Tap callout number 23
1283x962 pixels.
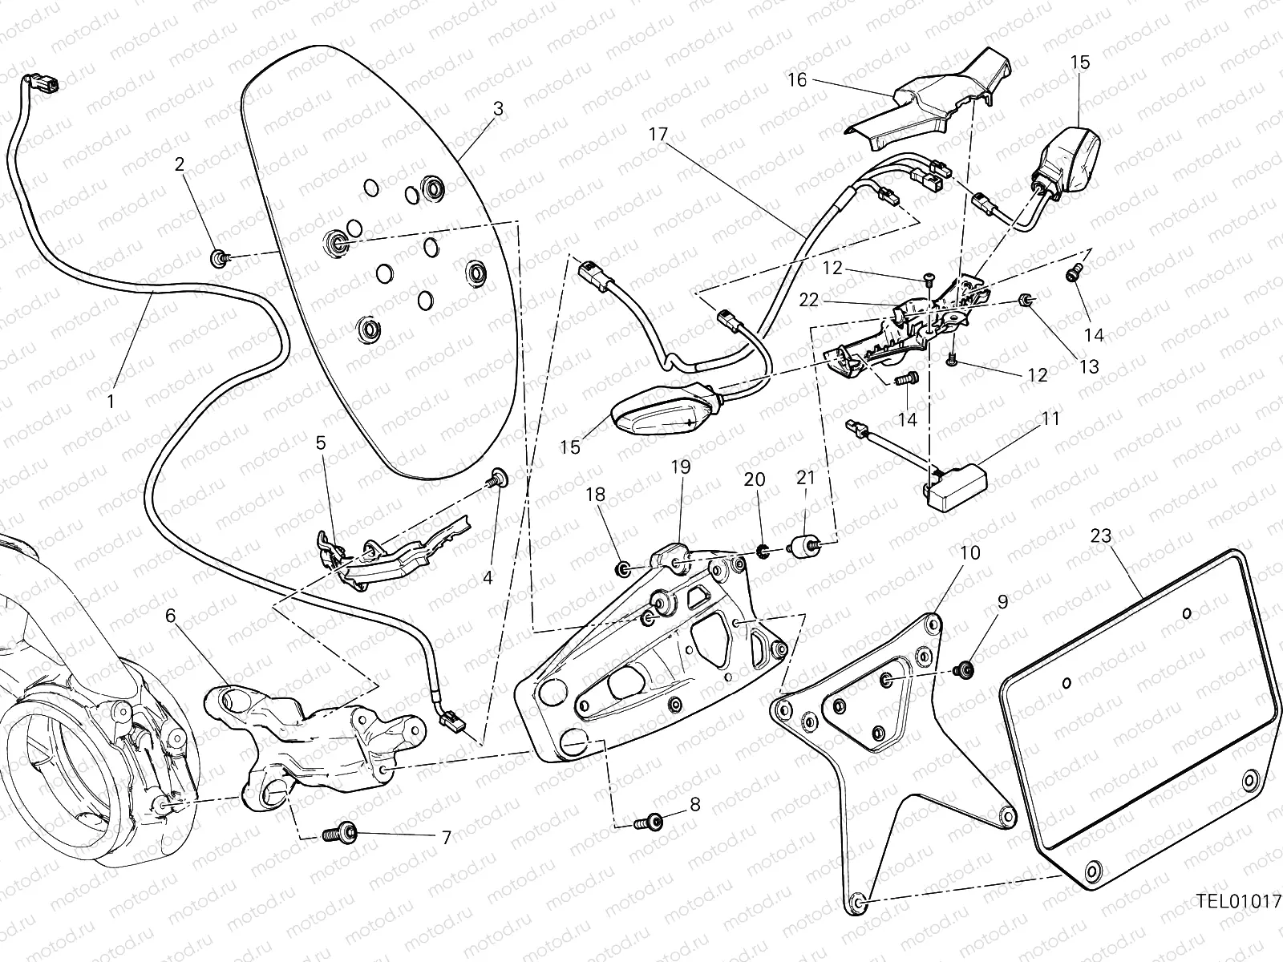pyautogui.click(x=1101, y=536)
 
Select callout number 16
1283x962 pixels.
pyautogui.click(x=797, y=80)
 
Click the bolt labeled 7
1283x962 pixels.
pyautogui.click(x=338, y=835)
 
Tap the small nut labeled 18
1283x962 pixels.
pyautogui.click(x=621, y=569)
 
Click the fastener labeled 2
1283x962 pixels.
pyautogui.click(x=218, y=258)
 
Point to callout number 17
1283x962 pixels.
pyautogui.click(x=658, y=135)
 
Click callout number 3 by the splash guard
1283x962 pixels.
pyautogui.click(x=498, y=109)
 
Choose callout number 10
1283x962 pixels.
pyautogui.click(x=970, y=553)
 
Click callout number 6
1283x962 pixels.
pyautogui.click(x=170, y=616)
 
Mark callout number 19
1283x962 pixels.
pyautogui.click(x=680, y=467)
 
